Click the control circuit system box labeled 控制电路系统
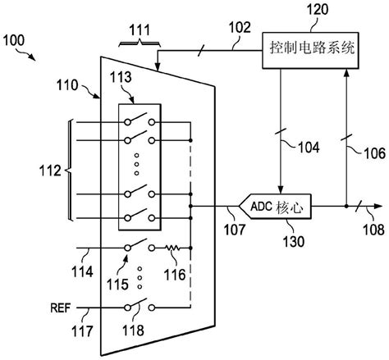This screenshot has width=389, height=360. click(311, 48)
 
